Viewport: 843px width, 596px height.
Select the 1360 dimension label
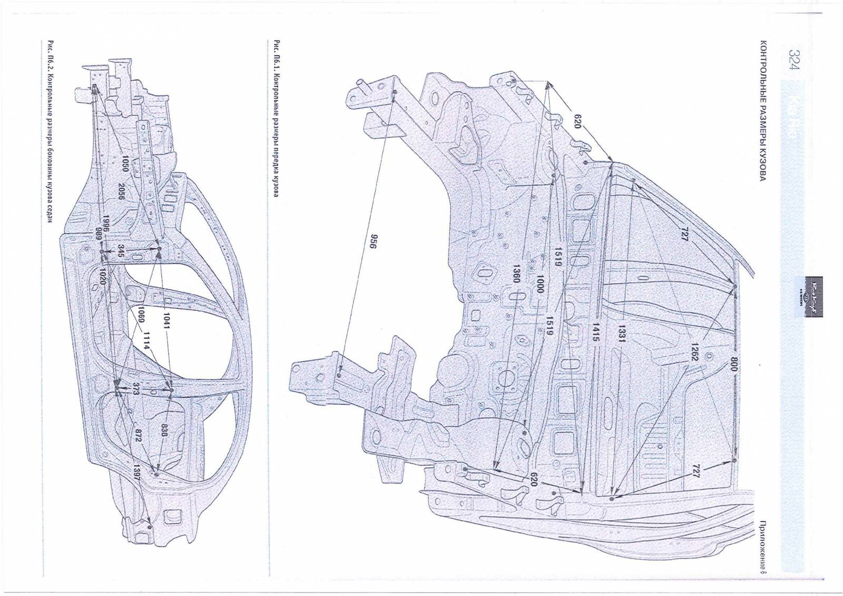coord(516,273)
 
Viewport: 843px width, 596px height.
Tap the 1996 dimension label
coord(105,224)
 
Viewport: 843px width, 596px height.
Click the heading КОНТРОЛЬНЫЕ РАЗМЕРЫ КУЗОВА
coord(762,111)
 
